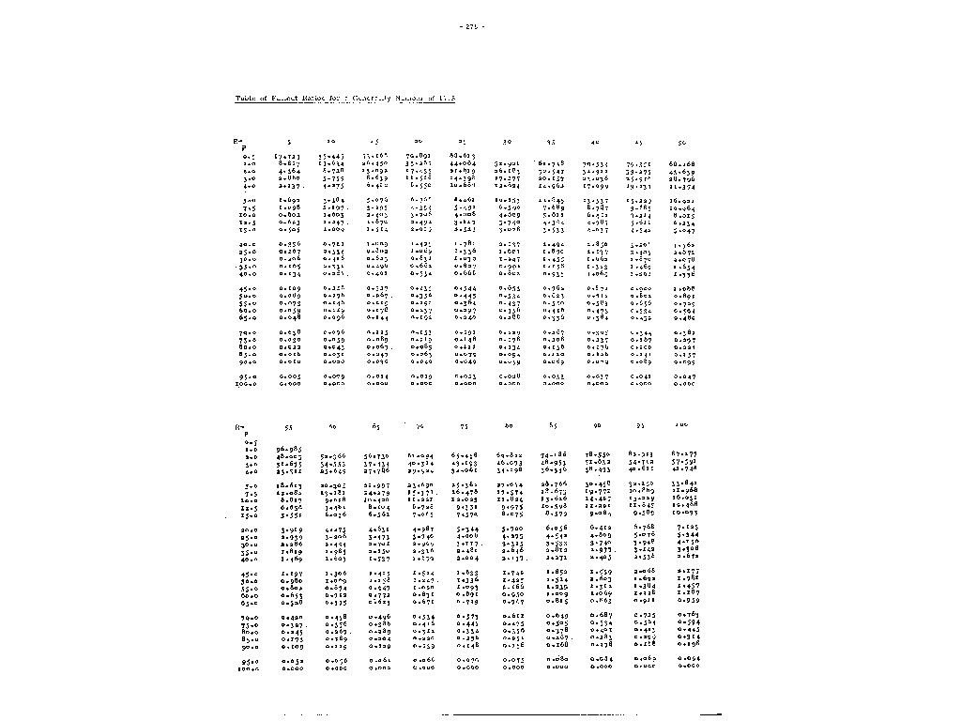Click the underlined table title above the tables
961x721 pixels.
click(344, 99)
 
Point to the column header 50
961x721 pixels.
click(681, 143)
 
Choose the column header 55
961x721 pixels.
click(288, 427)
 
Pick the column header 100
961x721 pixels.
click(681, 427)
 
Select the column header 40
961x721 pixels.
click(594, 143)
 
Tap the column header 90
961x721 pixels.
click(596, 427)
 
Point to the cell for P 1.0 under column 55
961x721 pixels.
click(288, 456)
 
